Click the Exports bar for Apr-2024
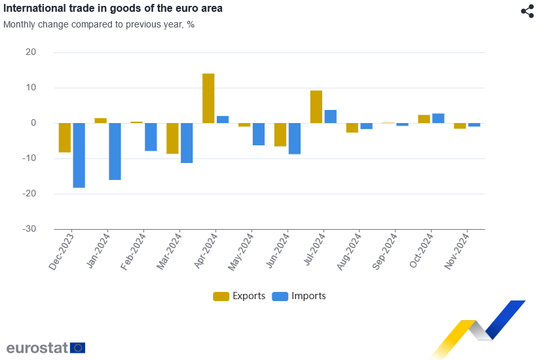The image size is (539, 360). (x=208, y=98)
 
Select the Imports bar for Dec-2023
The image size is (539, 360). (x=79, y=155)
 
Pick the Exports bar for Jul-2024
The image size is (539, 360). (x=316, y=107)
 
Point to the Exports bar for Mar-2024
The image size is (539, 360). (x=172, y=138)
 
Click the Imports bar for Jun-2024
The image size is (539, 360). (x=295, y=138)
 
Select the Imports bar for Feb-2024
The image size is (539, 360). (x=151, y=137)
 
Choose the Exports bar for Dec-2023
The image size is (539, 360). (x=65, y=137)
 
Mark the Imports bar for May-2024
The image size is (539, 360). (x=259, y=134)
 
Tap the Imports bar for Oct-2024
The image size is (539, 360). (x=438, y=118)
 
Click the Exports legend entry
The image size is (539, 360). (x=239, y=296)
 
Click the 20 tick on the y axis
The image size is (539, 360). (x=31, y=52)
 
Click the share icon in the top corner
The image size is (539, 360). (x=527, y=11)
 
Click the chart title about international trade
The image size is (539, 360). (x=112, y=9)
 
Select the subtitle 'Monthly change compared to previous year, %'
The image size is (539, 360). (x=99, y=24)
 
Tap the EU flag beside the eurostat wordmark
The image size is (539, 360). (x=77, y=348)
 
